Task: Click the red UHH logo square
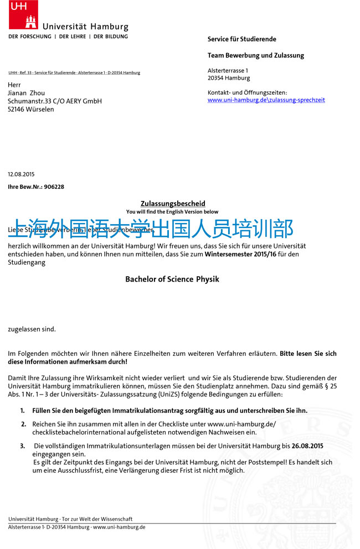(23, 14)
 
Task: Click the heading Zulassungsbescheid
(173, 204)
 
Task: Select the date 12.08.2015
(21, 174)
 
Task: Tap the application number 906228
(54, 187)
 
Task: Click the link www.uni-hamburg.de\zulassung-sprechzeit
(266, 100)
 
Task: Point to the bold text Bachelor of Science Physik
(172, 279)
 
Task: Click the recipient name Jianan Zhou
(26, 93)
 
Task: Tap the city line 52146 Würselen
(31, 110)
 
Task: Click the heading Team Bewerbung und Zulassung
(255, 55)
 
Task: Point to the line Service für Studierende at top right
(241, 39)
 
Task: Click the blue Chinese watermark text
(151, 228)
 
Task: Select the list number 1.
(23, 411)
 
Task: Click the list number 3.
(23, 446)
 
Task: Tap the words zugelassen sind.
(32, 329)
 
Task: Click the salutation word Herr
(14, 85)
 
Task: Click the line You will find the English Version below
(172, 212)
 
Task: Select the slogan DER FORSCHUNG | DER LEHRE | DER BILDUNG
(68, 37)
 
